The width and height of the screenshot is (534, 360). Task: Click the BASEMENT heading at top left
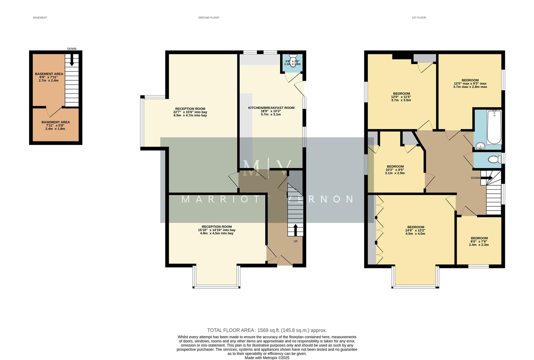click(x=40, y=18)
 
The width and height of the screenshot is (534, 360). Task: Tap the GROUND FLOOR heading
click(x=208, y=18)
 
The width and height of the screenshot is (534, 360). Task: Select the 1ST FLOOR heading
click(x=419, y=18)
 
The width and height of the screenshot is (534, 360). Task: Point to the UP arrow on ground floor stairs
click(x=295, y=230)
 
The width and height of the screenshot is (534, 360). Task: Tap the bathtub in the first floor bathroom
click(x=494, y=127)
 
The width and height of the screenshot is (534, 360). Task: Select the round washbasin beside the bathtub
click(x=480, y=146)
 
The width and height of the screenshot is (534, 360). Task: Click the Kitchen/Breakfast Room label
click(x=271, y=108)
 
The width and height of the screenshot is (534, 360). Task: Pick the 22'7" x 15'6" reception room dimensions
click(x=190, y=112)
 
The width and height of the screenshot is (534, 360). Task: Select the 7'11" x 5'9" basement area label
click(x=55, y=125)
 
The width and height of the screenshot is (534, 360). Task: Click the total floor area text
click(x=267, y=330)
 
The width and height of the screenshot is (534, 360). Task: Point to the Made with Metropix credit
click(x=267, y=358)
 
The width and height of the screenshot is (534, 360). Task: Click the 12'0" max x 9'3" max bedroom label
click(x=470, y=84)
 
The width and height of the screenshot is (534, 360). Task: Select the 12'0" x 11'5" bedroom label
click(x=401, y=97)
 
